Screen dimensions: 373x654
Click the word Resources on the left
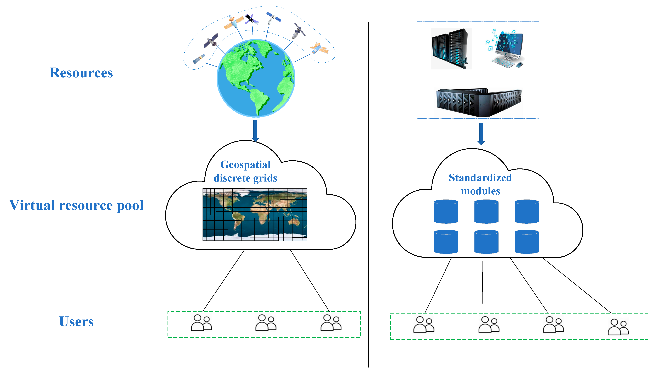click(81, 73)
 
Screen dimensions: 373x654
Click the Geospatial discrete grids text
click(245, 171)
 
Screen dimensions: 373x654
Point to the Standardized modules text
click(480, 184)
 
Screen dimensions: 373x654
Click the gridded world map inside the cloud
click(255, 214)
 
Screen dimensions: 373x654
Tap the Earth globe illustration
click(256, 78)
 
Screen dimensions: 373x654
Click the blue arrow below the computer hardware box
click(481, 133)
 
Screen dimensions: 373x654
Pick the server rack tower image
click(451, 49)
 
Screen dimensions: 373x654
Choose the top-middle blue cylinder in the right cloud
click(486, 211)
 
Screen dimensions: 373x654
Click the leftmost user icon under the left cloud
click(201, 323)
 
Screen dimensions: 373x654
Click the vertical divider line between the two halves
click(369, 195)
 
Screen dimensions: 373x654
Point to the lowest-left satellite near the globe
click(199, 59)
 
